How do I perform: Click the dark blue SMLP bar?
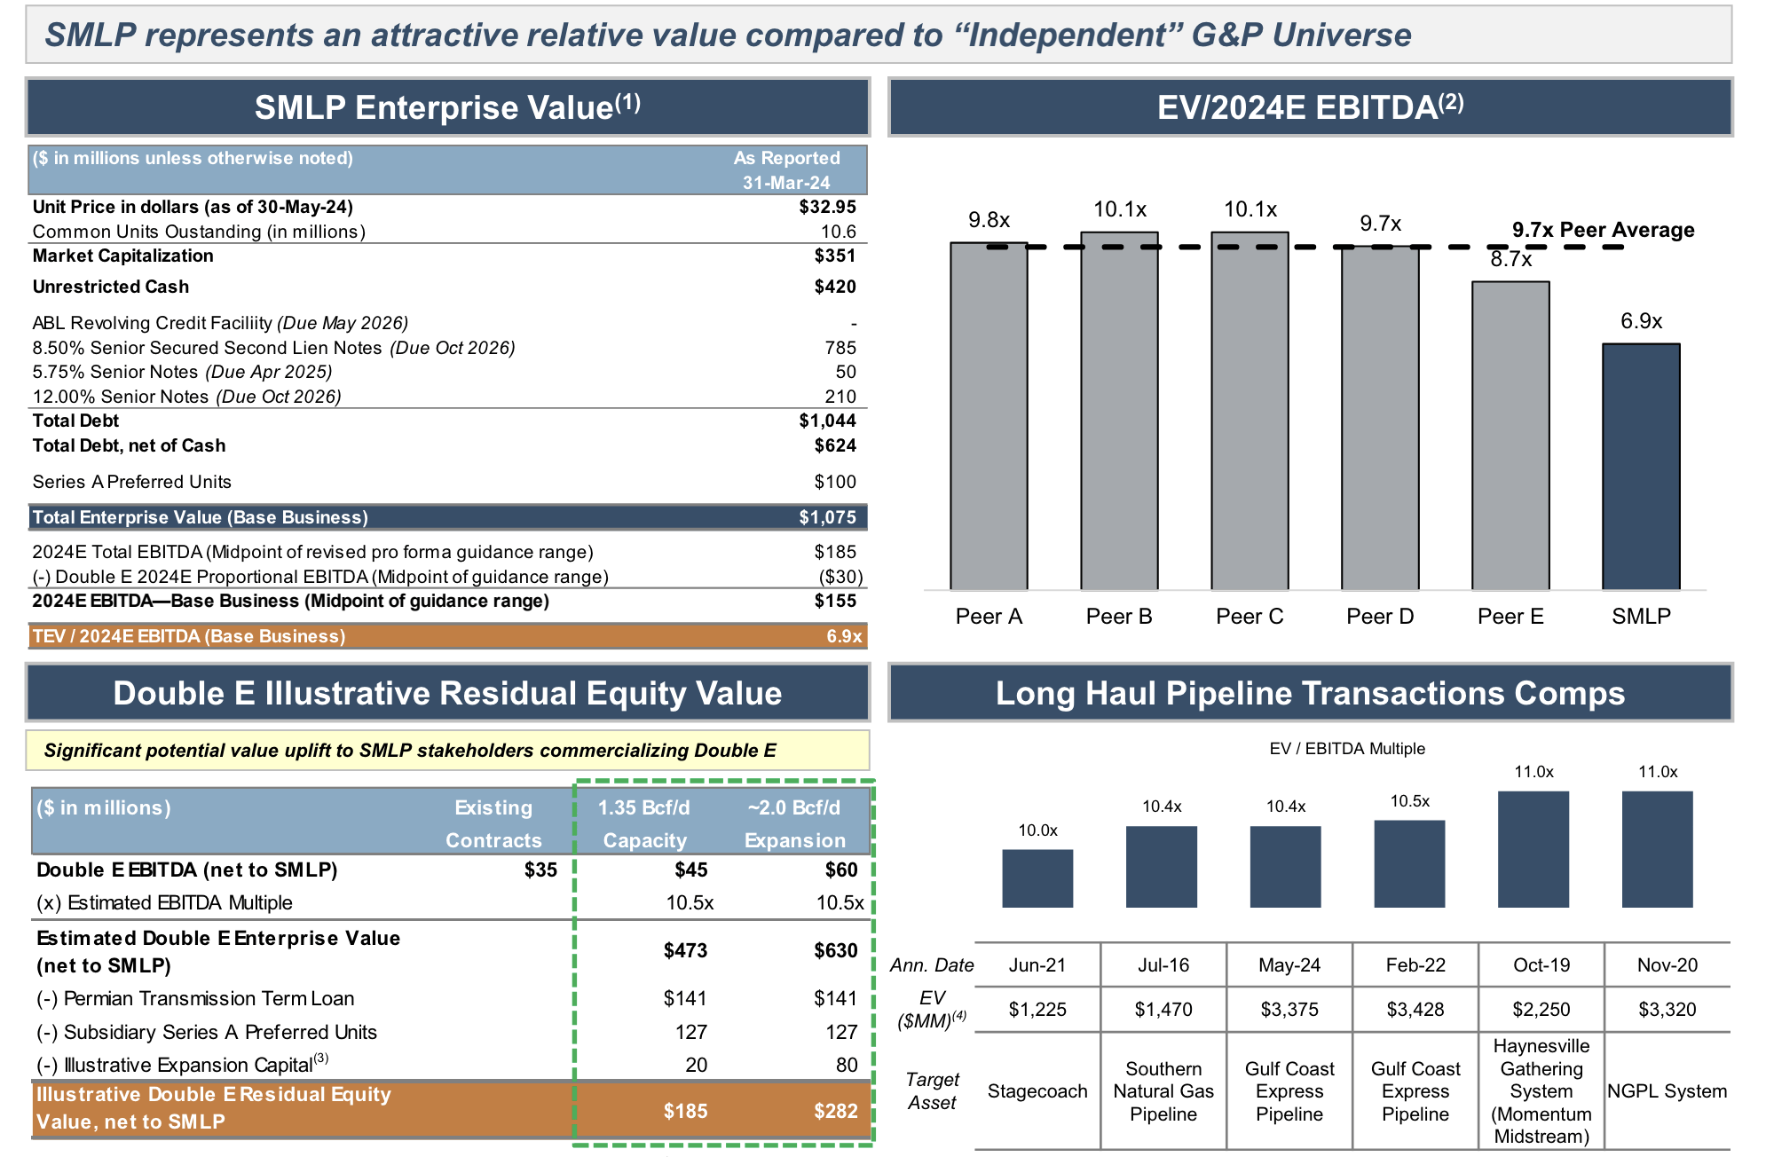coord(1640,466)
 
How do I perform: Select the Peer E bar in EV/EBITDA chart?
coord(1510,435)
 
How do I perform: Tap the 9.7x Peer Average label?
coord(1603,230)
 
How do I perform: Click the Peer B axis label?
coord(1119,617)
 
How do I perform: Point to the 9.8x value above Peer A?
coord(989,220)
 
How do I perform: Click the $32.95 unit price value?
coord(827,207)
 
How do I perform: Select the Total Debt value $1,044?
coord(827,421)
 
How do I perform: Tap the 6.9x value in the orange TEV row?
coord(844,636)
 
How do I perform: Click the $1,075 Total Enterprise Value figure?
coord(827,517)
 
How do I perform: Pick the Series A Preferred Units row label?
coord(131,482)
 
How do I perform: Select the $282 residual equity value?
coord(835,1111)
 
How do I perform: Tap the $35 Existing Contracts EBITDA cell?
coord(540,870)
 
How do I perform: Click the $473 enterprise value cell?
coord(685,950)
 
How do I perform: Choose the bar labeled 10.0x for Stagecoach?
coord(1037,878)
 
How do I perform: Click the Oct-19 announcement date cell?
coord(1541,965)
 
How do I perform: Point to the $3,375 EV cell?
coord(1289,1010)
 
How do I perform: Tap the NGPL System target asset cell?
coord(1667,1091)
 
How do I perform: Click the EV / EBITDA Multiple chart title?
coord(1346,749)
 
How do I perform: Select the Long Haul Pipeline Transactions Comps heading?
coord(1310,693)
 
